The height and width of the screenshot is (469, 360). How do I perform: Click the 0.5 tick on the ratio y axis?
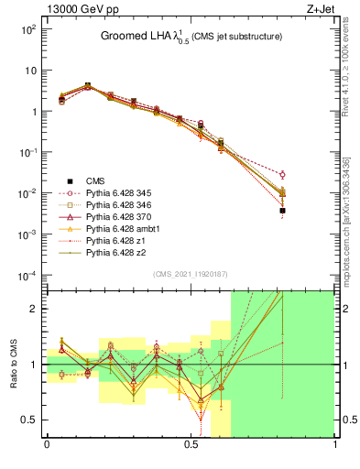31,420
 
